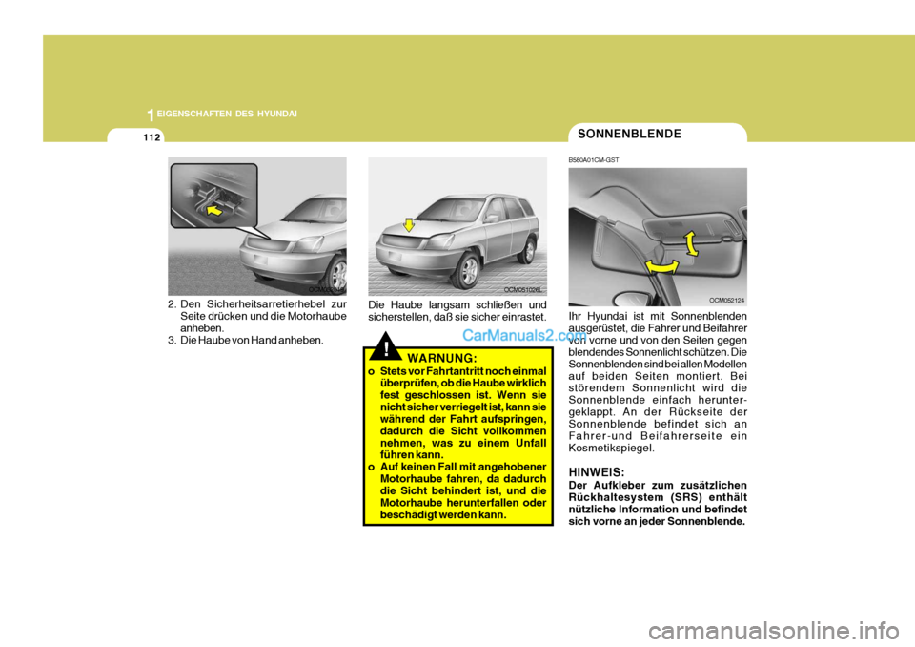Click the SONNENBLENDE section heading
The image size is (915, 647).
[629, 134]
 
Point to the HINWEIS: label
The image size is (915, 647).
[597, 472]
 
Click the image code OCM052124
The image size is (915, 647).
[726, 300]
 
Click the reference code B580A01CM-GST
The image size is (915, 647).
[594, 159]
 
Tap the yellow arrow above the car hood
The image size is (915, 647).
[407, 224]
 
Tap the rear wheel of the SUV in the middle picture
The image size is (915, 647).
[525, 249]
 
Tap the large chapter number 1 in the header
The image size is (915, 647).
[151, 115]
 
